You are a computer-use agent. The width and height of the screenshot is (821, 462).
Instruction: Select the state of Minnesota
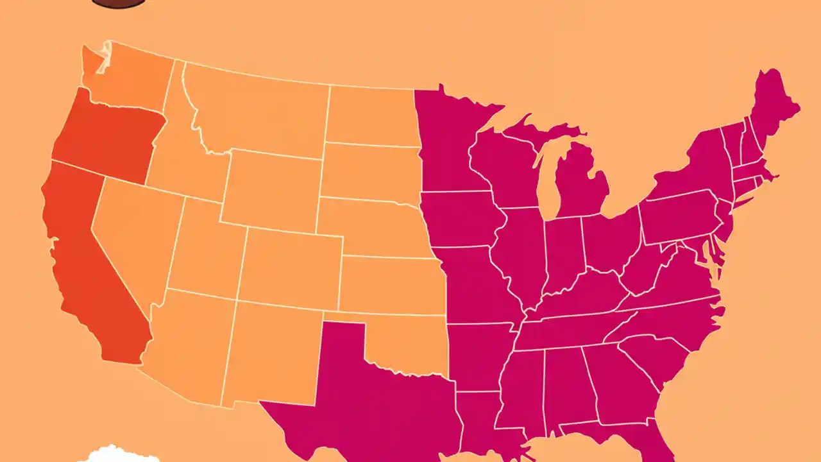coord(449,141)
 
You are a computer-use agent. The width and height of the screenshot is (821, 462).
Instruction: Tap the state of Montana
coord(257,109)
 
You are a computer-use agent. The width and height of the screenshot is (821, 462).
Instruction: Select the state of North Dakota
coord(372,116)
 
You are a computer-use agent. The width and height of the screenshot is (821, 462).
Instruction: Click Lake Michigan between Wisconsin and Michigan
coord(545,180)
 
